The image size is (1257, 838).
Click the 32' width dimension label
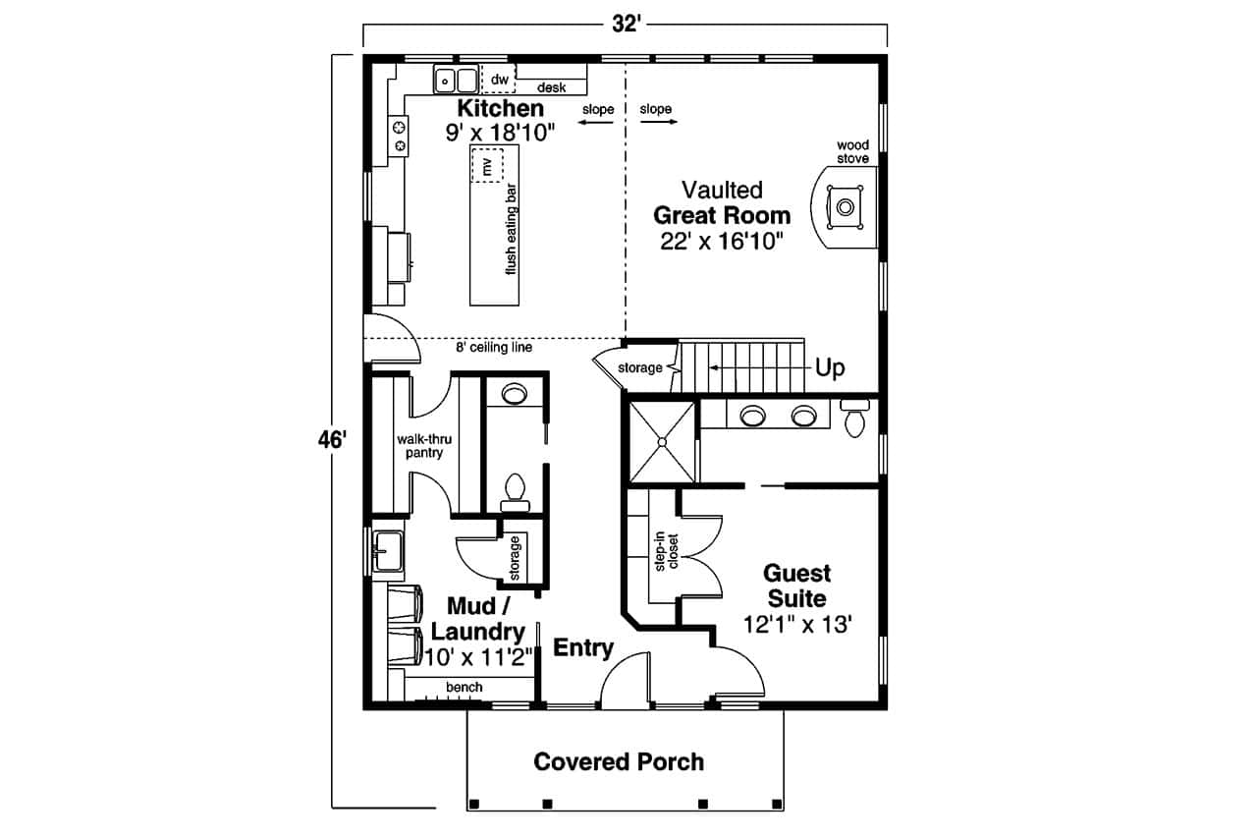click(x=626, y=25)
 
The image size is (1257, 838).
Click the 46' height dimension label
click(x=332, y=441)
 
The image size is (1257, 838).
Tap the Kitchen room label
click(x=500, y=109)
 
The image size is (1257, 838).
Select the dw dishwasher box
click(x=499, y=80)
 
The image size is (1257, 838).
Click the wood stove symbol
click(x=845, y=206)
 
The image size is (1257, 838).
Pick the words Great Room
click(x=722, y=215)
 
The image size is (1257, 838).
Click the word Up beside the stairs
click(x=830, y=368)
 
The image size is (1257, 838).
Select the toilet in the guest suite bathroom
click(x=854, y=419)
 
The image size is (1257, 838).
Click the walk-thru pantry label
click(x=423, y=446)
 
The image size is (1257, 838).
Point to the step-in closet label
click(x=667, y=552)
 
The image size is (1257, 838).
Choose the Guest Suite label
click(x=796, y=586)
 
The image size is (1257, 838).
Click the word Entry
click(x=583, y=648)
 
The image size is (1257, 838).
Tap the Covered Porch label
click(x=619, y=761)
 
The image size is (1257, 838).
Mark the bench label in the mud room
click(x=464, y=688)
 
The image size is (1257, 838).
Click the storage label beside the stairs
click(x=640, y=368)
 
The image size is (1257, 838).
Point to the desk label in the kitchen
click(x=551, y=88)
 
